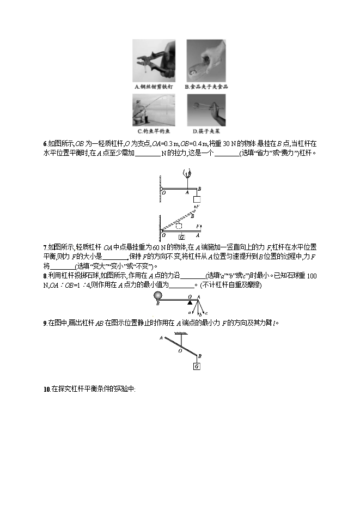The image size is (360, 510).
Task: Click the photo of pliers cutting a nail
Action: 154,61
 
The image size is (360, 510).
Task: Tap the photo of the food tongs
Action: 206,61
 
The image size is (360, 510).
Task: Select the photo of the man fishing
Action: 154,111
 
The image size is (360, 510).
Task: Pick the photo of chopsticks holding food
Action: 206,111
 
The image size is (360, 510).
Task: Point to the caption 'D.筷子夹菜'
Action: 206,131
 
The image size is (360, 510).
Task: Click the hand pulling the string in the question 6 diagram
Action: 188,174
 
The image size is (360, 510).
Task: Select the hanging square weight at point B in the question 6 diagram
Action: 197,199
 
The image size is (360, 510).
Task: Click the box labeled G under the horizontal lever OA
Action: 181,236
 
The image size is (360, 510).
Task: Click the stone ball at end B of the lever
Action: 158,296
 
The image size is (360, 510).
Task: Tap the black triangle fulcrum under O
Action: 190,302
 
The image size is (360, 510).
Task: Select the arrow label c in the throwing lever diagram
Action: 206,313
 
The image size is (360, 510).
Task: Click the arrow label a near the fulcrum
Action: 188,313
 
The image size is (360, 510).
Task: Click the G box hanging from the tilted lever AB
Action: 196,367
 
